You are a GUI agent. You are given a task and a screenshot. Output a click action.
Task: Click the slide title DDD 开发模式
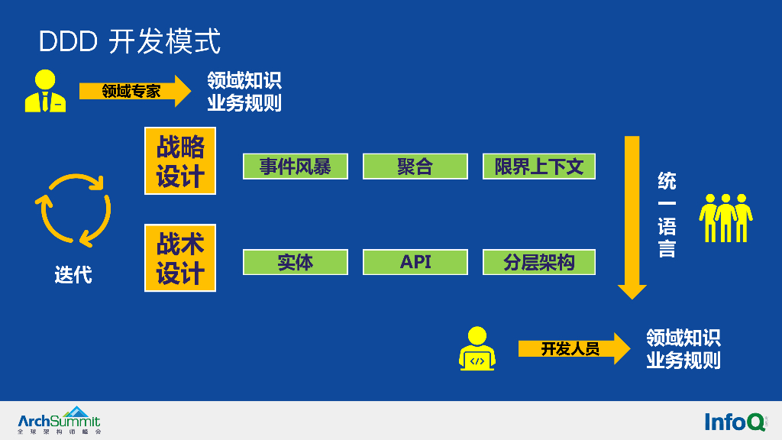pyautogui.click(x=129, y=41)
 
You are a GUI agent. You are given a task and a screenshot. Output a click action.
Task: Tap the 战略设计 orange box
pyautogui.click(x=180, y=161)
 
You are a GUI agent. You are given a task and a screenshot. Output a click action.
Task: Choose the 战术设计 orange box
pyautogui.click(x=180, y=257)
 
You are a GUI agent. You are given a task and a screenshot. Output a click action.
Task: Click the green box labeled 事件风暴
pyautogui.click(x=295, y=167)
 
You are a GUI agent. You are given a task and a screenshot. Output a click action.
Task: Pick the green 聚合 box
pyautogui.click(x=415, y=167)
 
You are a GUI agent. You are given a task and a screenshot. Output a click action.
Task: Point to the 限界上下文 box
pyautogui.click(x=538, y=167)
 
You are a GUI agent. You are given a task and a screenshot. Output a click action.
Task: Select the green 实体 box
pyautogui.click(x=295, y=262)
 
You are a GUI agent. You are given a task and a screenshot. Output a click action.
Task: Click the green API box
pyautogui.click(x=415, y=262)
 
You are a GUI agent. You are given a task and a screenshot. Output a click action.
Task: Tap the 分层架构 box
pyautogui.click(x=538, y=262)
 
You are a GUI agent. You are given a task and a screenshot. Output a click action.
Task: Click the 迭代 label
pyautogui.click(x=73, y=274)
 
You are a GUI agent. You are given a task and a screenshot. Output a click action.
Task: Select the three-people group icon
pyautogui.click(x=726, y=218)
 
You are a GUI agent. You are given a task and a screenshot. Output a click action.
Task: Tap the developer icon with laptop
pyautogui.click(x=477, y=348)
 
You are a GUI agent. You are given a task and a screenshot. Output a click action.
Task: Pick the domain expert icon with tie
pyautogui.click(x=45, y=92)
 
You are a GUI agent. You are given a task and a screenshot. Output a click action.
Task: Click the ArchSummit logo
pyautogui.click(x=59, y=420)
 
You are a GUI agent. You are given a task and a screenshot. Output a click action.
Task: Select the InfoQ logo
pyautogui.click(x=735, y=421)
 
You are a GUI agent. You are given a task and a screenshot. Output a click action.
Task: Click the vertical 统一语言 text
pyautogui.click(x=667, y=215)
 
